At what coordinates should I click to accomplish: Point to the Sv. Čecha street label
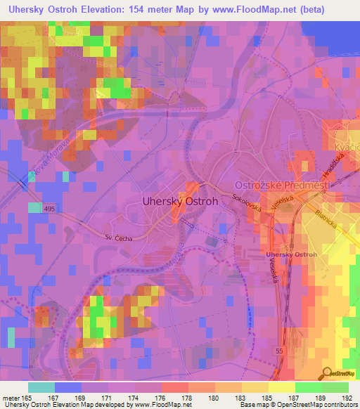[117, 238]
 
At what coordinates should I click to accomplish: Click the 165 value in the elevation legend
[29, 398]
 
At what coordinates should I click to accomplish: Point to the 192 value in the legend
[347, 398]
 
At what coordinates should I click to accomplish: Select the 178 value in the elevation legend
[186, 398]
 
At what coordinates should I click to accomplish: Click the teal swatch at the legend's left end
[41, 387]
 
